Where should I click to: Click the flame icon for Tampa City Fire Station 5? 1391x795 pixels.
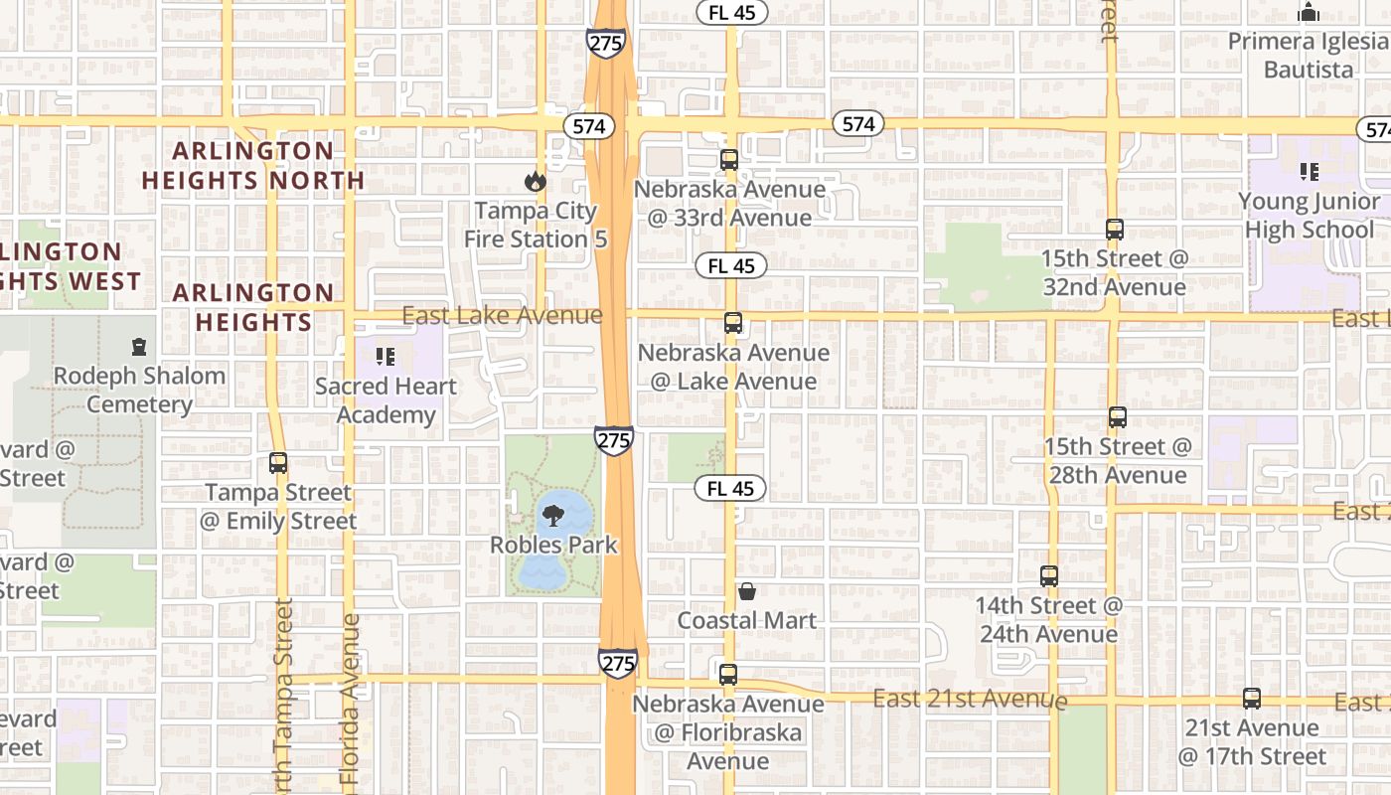(x=536, y=181)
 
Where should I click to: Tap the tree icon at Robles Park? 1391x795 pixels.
(x=553, y=516)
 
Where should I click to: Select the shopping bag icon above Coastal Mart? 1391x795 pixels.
(x=747, y=591)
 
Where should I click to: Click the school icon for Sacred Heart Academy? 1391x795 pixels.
(x=386, y=356)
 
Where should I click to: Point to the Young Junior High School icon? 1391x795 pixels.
(x=1310, y=172)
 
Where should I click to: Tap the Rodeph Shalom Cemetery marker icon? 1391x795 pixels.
(x=139, y=347)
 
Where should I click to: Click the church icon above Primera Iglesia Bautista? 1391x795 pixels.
(x=1309, y=13)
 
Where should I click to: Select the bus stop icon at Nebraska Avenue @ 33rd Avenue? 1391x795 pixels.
(x=729, y=160)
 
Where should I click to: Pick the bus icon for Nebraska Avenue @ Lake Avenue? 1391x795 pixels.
(x=733, y=323)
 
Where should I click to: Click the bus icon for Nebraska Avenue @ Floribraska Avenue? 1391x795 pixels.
(x=728, y=675)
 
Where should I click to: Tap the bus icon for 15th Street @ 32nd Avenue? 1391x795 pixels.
(x=1115, y=230)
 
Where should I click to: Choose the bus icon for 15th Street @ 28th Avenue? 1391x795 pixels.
(x=1118, y=417)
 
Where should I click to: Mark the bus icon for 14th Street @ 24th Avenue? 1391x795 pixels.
(x=1049, y=576)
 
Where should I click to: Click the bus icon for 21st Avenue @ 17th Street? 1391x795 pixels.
(x=1252, y=699)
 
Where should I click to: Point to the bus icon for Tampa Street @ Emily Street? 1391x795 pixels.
(x=278, y=463)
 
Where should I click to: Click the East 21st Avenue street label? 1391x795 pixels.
(x=970, y=700)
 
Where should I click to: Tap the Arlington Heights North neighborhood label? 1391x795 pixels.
(x=253, y=165)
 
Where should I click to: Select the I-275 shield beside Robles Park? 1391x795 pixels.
(x=615, y=440)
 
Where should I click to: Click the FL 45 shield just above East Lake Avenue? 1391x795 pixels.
(x=732, y=265)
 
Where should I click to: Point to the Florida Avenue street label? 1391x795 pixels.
(x=350, y=701)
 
